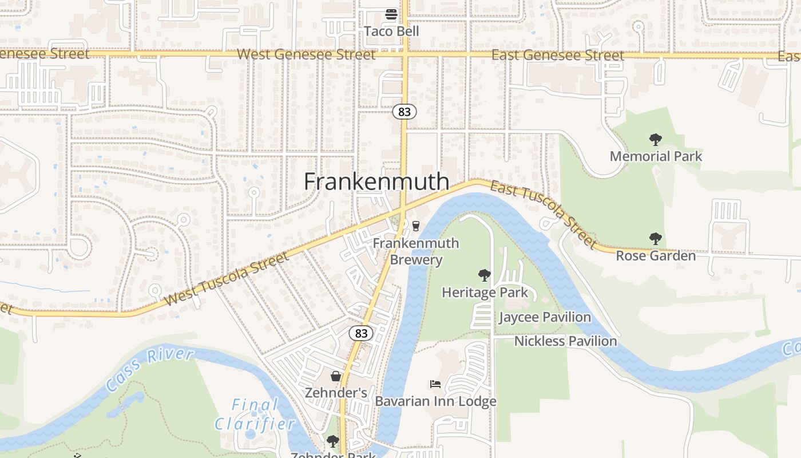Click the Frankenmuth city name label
tap(376, 181)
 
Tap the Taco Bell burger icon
tap(391, 14)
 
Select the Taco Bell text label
tap(391, 31)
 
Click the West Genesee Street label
tap(306, 54)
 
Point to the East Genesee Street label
tap(558, 55)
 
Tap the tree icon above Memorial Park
tap(656, 139)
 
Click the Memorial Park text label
tap(656, 156)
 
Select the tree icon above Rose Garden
tap(656, 239)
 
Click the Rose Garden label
tap(656, 256)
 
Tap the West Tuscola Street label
tap(227, 279)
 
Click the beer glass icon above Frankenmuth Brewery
tap(416, 226)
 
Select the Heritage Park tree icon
tap(485, 275)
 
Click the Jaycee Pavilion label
tap(545, 317)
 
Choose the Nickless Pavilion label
tap(565, 341)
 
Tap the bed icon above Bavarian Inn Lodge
tap(435, 384)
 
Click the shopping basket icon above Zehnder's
tap(336, 376)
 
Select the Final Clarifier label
tap(255, 414)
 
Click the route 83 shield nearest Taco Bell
tap(405, 112)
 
